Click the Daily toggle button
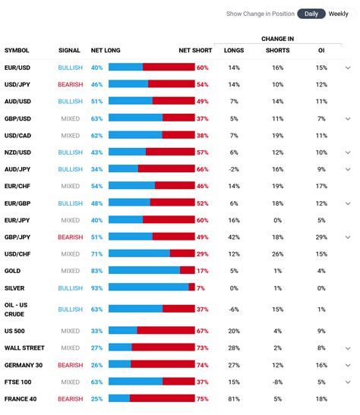click(x=311, y=14)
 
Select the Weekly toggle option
click(x=339, y=14)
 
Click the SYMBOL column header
click(x=17, y=50)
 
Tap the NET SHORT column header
click(x=195, y=50)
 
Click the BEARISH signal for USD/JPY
click(x=70, y=84)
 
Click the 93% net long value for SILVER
click(x=96, y=288)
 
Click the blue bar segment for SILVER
click(x=148, y=288)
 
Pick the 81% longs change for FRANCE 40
click(x=234, y=398)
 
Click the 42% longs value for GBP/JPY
click(x=234, y=237)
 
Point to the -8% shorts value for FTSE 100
click(x=278, y=382)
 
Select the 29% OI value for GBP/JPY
click(x=321, y=237)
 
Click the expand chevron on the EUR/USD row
click(x=348, y=68)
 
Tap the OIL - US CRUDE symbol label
click(x=17, y=310)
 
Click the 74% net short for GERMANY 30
click(x=202, y=365)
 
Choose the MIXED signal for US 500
click(x=70, y=331)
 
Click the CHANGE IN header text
click(x=277, y=39)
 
